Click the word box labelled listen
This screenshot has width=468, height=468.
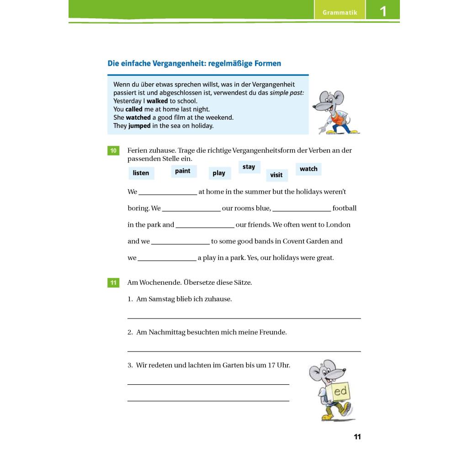pos(141,173)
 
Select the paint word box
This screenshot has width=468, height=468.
pos(182,171)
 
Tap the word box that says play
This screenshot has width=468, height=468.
pos(219,173)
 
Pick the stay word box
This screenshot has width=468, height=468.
pos(249,167)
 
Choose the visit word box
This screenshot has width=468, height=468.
pos(277,175)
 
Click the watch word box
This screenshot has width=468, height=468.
pos(308,169)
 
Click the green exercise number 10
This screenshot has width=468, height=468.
pos(113,150)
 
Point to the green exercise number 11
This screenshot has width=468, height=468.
pos(113,282)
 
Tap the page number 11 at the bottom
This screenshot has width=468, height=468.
pos(357,437)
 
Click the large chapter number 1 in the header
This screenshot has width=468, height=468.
pos(383,11)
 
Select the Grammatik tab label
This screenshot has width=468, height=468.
pos(340,12)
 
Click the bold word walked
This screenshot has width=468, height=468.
pos(157,101)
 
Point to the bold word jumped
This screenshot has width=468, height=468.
pos(139,126)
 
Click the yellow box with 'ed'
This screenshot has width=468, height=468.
pos(340,392)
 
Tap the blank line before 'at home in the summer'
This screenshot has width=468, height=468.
pos(168,194)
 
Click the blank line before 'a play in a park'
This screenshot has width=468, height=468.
pos(167,260)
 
